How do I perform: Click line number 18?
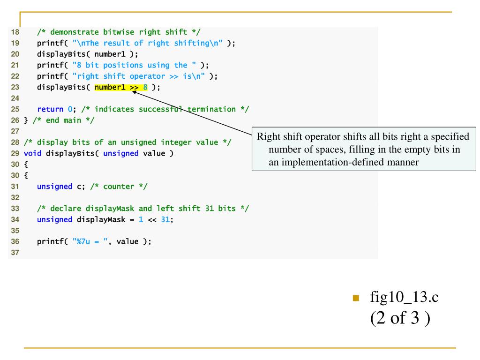click(15, 32)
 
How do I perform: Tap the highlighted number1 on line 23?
click(110, 87)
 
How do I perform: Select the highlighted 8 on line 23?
click(145, 87)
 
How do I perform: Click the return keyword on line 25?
click(50, 109)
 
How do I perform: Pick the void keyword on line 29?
click(32, 153)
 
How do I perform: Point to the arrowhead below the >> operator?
click(134, 92)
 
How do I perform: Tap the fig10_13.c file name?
click(404, 297)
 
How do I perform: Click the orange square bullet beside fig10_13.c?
click(356, 298)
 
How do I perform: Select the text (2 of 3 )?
click(400, 318)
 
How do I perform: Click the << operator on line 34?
click(152, 219)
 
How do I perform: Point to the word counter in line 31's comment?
click(119, 187)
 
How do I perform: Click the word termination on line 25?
click(211, 109)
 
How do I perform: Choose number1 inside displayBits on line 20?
click(110, 54)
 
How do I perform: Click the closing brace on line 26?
click(26, 120)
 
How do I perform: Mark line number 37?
click(15, 253)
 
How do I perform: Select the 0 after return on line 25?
click(70, 109)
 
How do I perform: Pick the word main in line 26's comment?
click(72, 120)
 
